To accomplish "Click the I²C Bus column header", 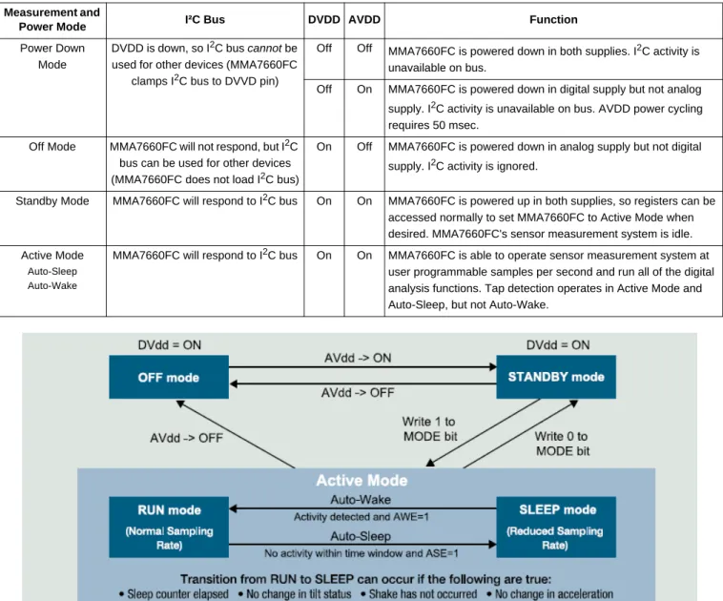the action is click(205, 19).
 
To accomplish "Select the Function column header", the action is click(553, 19).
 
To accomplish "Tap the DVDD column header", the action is click(324, 19).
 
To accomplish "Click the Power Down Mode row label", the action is click(52, 56).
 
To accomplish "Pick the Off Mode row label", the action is click(52, 147).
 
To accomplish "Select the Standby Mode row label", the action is click(52, 201).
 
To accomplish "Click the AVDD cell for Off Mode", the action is click(364, 147).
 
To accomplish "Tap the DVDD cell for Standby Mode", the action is click(324, 201).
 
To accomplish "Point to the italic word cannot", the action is click(264, 49).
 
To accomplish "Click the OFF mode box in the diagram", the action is click(169, 377).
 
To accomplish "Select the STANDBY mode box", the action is click(556, 377).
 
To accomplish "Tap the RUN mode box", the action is click(169, 528).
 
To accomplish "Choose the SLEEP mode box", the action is click(556, 528).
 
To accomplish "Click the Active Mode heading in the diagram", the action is click(361, 481).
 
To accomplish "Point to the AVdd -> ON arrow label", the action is click(358, 358).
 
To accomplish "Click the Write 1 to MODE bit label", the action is click(430, 429).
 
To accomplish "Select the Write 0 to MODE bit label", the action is click(562, 444).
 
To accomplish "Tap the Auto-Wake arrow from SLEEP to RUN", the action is click(362, 508).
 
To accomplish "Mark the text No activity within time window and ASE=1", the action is click(361, 553).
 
